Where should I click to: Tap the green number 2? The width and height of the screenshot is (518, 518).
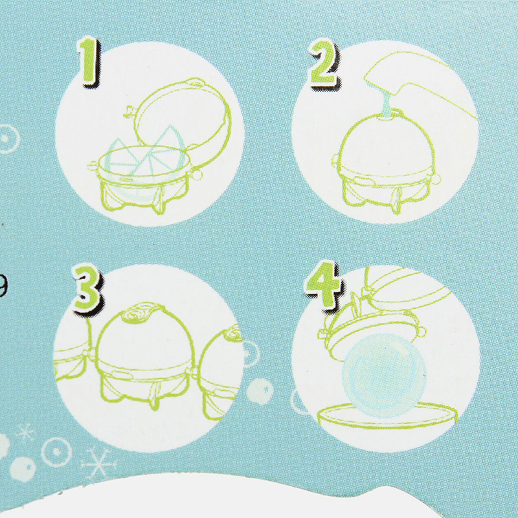click(324, 63)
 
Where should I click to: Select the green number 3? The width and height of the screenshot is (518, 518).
click(87, 288)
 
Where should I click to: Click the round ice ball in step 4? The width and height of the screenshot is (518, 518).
click(384, 375)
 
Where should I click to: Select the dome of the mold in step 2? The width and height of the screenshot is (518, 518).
click(386, 142)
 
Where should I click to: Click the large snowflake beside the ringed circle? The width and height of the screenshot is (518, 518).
click(98, 463)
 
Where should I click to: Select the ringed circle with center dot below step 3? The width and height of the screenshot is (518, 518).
click(57, 451)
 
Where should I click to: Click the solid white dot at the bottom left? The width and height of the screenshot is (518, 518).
click(23, 469)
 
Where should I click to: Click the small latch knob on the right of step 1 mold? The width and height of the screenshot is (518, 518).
click(197, 174)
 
